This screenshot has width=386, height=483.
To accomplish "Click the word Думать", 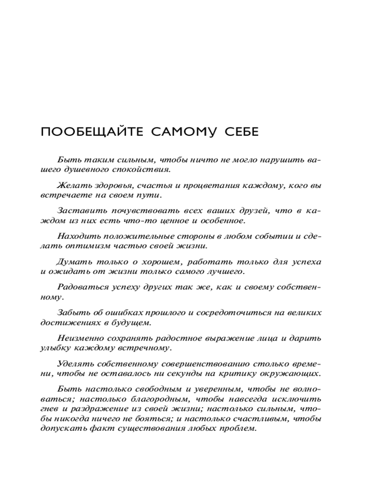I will coord(73,262).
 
